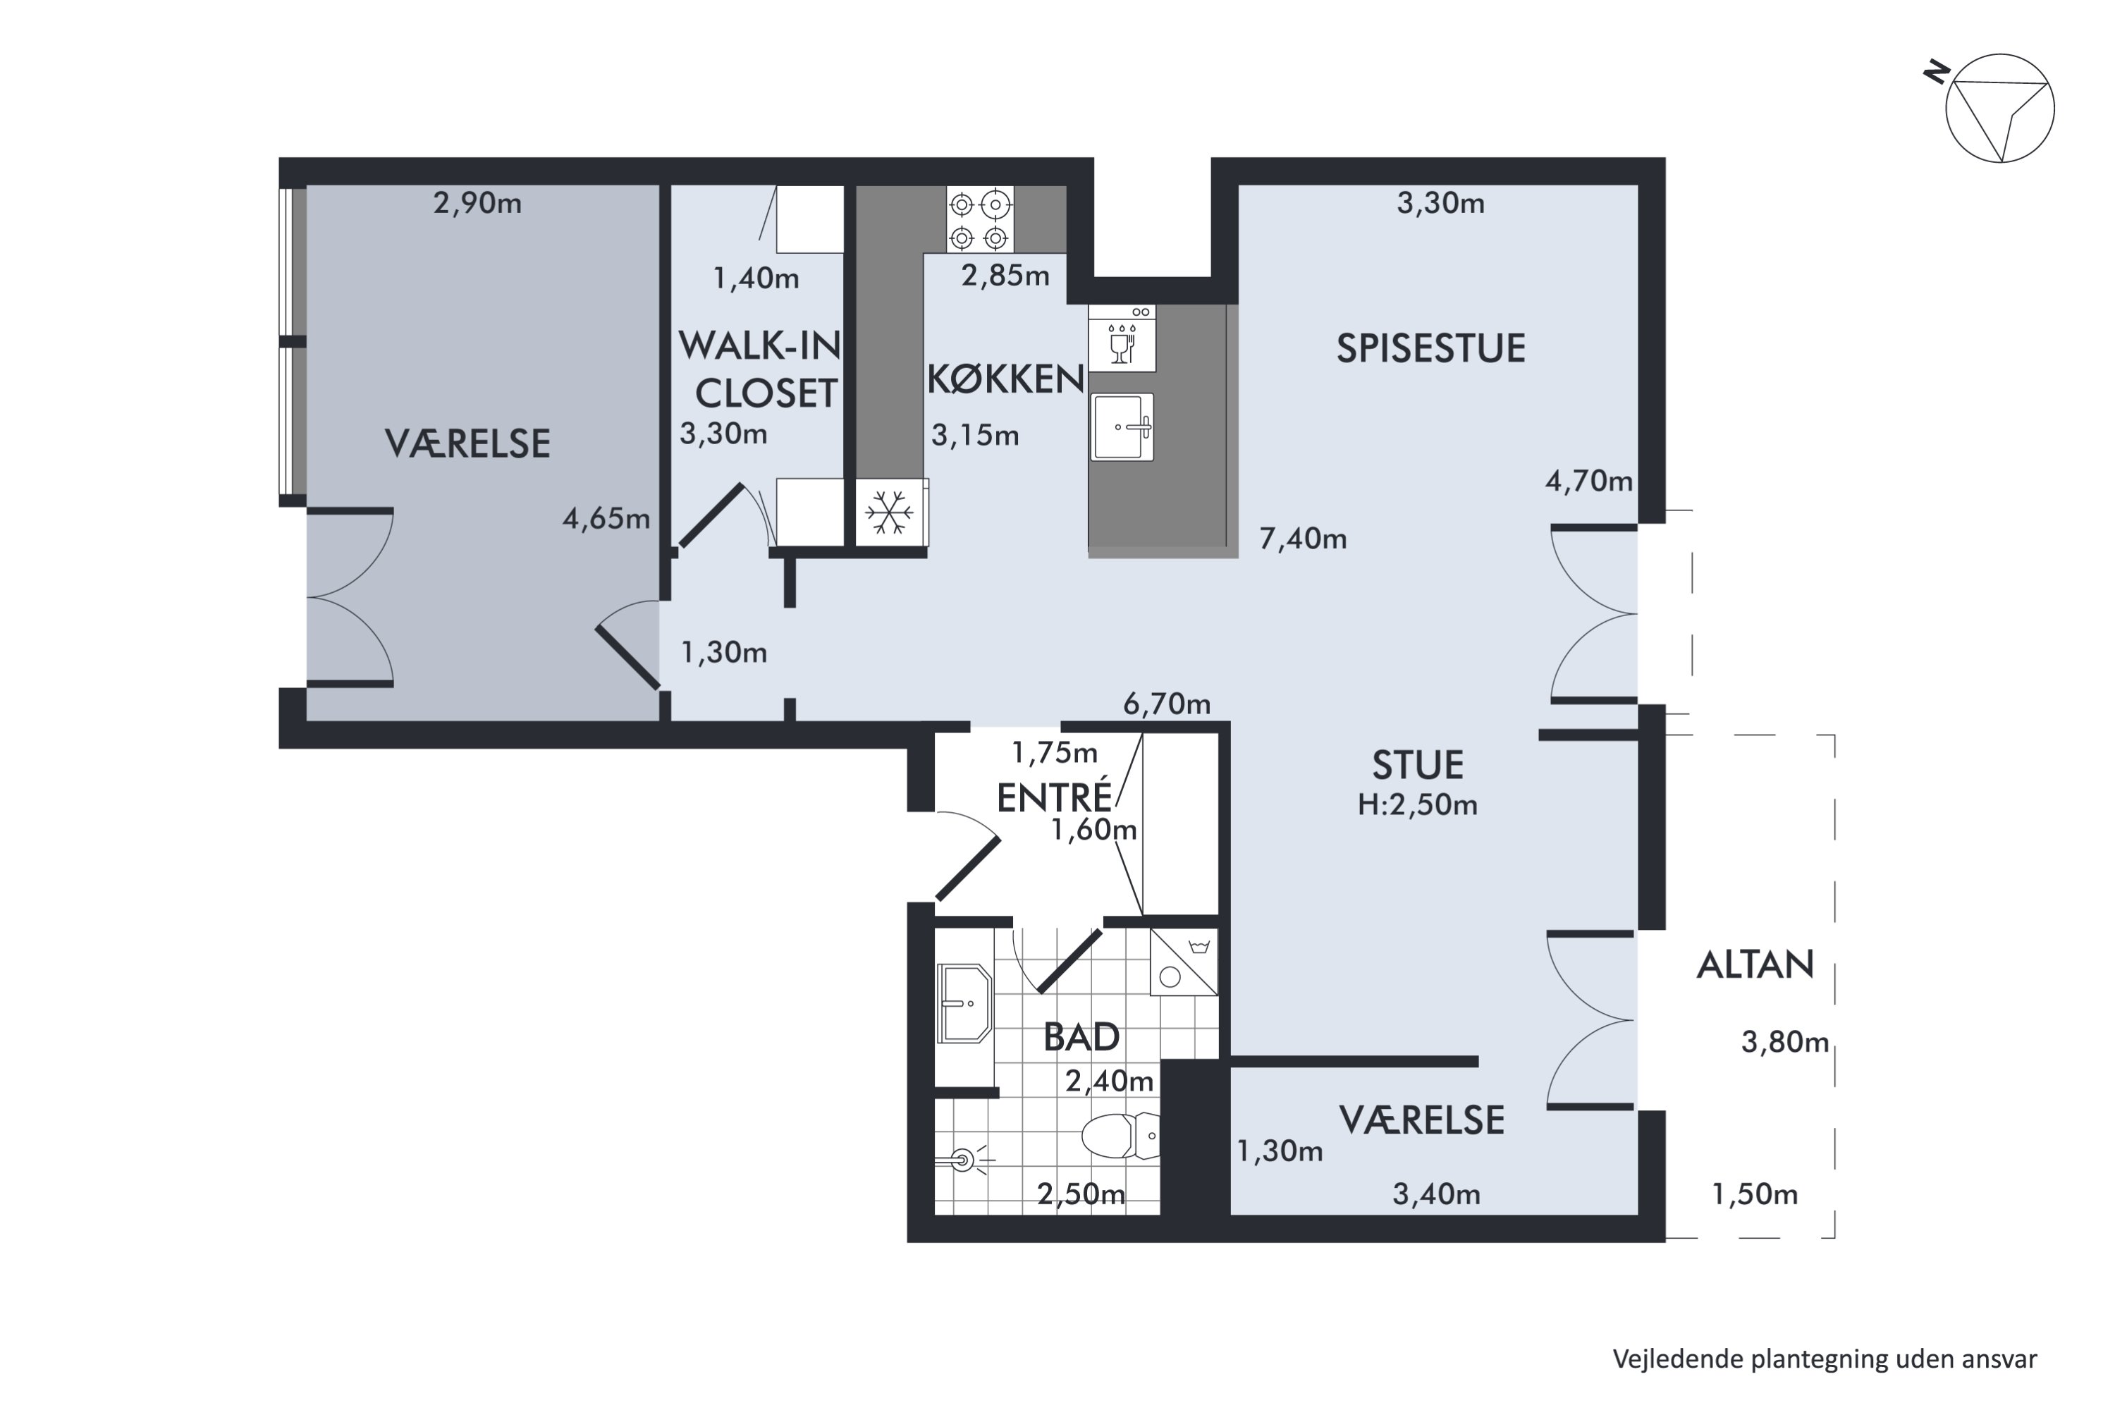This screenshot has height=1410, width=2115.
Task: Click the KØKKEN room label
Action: pyautogui.click(x=1005, y=379)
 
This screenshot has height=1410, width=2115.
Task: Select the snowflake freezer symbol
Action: pyautogui.click(x=889, y=513)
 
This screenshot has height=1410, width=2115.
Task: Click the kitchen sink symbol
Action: pyautogui.click(x=1122, y=427)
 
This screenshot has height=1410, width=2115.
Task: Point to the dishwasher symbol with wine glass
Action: pyautogui.click(x=1122, y=338)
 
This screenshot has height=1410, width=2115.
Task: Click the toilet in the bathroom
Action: pyautogui.click(x=1120, y=1136)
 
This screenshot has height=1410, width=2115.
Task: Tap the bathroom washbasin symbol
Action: pyautogui.click(x=964, y=1003)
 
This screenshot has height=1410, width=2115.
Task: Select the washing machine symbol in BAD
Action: pyautogui.click(x=1184, y=962)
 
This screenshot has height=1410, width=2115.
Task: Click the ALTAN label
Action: pyautogui.click(x=1755, y=965)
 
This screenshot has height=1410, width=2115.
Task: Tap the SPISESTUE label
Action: pyautogui.click(x=1430, y=349)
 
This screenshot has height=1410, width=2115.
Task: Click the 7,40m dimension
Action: pyautogui.click(x=1303, y=539)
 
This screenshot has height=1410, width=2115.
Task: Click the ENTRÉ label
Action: pyautogui.click(x=1055, y=797)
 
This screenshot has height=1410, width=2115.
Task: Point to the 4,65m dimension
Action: pyautogui.click(x=606, y=519)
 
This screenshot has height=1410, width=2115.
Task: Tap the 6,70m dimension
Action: pyautogui.click(x=1167, y=704)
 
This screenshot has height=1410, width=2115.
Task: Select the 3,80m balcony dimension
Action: pyautogui.click(x=1785, y=1042)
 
